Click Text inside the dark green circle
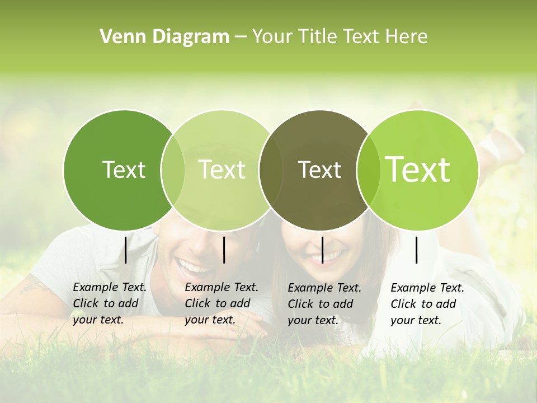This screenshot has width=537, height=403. point(124,170)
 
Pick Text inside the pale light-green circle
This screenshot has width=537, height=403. point(222,170)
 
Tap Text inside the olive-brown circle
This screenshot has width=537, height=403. point(319,170)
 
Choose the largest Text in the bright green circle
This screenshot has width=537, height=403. point(418,169)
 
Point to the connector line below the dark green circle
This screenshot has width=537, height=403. point(125,250)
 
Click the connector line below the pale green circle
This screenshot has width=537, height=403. point(224,250)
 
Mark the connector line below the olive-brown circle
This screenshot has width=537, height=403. point(322,250)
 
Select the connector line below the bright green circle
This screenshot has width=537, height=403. point(416,250)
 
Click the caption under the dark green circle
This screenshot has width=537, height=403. point(109,303)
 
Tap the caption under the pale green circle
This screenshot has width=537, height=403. point(221,303)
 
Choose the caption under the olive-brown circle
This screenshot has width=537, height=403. point(324,304)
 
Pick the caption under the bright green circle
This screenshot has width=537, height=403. point(427,304)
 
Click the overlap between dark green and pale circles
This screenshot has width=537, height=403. point(172,169)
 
